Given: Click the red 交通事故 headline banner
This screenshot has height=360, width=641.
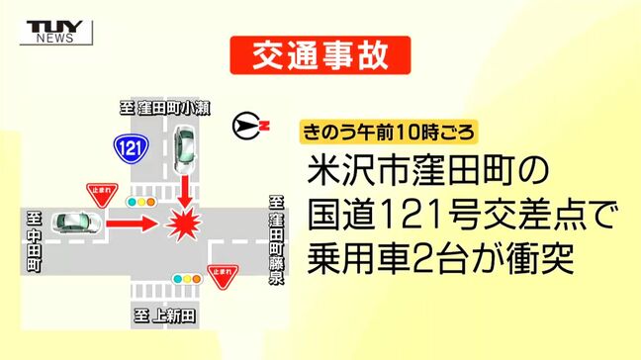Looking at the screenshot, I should pyautogui.click(x=320, y=56).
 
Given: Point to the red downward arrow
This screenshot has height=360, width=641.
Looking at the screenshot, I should pyautogui.click(x=185, y=188).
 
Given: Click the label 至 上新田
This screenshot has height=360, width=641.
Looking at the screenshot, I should pyautogui.click(x=166, y=316).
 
